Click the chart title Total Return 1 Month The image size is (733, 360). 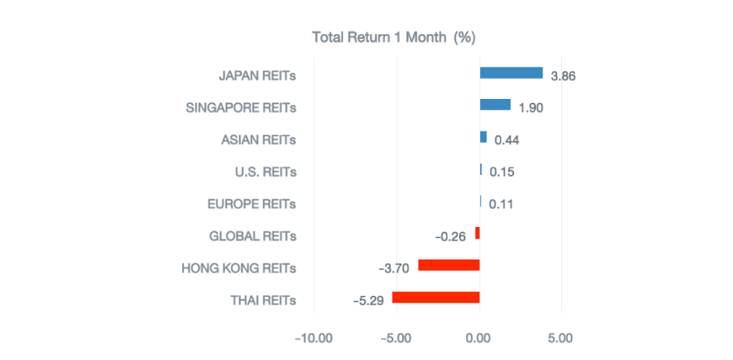point(393,37)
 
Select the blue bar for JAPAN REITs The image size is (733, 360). point(511,73)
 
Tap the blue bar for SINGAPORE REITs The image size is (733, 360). point(495,105)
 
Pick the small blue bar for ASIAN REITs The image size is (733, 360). point(483,137)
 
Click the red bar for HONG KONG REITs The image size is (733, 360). point(448,265)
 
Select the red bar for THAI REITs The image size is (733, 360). point(435,298)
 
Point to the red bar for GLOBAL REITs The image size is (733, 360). point(478,234)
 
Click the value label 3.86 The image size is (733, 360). point(563,76)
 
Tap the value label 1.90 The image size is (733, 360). point(530,108)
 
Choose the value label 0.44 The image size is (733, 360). point(506,140)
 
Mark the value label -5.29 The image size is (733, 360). point(369,301)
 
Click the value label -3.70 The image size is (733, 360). point(394,268)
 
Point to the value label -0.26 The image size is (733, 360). point(450,237)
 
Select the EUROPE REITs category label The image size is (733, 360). point(252,204)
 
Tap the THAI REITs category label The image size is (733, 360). point(263,301)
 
